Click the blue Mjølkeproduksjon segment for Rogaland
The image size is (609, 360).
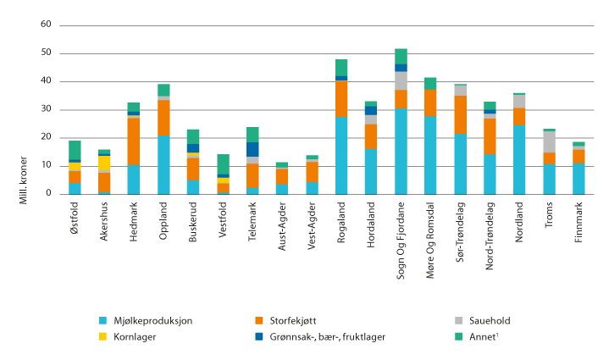[x=341, y=155]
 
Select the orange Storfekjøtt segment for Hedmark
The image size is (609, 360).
[x=134, y=141]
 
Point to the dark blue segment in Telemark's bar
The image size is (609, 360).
[x=252, y=149]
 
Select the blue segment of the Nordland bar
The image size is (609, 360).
[x=519, y=159]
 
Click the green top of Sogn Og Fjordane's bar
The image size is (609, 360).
[x=401, y=56]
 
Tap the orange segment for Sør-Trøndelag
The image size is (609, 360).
[x=460, y=114]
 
